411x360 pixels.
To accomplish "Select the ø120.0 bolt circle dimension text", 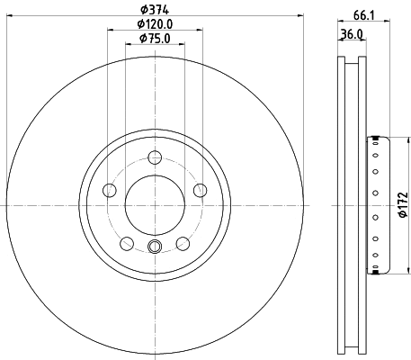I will click(154, 24).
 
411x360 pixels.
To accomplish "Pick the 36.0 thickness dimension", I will click(352, 35).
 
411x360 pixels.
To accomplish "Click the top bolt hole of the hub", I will click(154, 156).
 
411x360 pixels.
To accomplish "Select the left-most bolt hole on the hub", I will click(110, 190).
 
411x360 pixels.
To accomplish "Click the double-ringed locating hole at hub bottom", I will click(154, 248).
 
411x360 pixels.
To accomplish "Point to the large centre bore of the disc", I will click(154, 203).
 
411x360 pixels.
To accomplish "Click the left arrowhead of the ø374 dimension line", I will click(6, 17).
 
